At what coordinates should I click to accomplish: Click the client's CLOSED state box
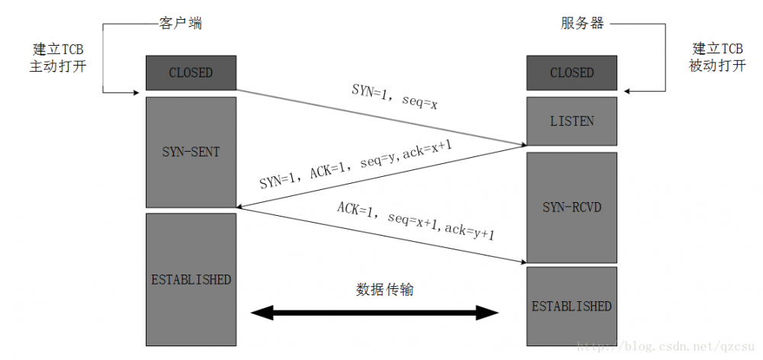pyautogui.click(x=190, y=73)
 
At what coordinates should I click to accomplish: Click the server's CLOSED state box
pyautogui.click(x=571, y=73)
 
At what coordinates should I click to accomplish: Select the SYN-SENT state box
pyautogui.click(x=190, y=152)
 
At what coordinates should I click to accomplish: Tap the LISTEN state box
pyautogui.click(x=571, y=121)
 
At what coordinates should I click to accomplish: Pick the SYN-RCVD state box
pyautogui.click(x=571, y=207)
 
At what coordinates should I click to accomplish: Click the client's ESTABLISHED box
pyautogui.click(x=190, y=279)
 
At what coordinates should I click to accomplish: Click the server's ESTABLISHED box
pyautogui.click(x=571, y=306)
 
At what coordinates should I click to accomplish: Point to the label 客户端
pyautogui.click(x=181, y=24)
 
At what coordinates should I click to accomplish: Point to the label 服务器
pyautogui.click(x=582, y=24)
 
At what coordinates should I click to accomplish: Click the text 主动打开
pyautogui.click(x=58, y=66)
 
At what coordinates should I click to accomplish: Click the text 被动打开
pyautogui.click(x=716, y=66)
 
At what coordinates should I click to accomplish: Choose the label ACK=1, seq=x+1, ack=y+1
pyautogui.click(x=416, y=221)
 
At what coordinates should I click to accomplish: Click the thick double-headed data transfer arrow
pyautogui.click(x=375, y=313)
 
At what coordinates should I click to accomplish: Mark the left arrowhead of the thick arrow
pyautogui.click(x=263, y=313)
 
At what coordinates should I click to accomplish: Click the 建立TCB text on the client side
pyautogui.click(x=58, y=47)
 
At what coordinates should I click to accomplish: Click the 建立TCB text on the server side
pyautogui.click(x=716, y=47)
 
